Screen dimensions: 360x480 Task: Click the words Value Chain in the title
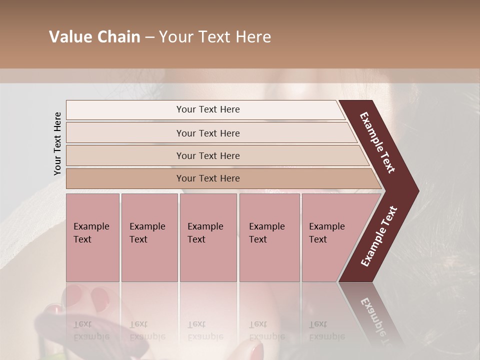pyautogui.click(x=94, y=37)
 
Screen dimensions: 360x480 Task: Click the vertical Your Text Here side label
pyautogui.click(x=57, y=143)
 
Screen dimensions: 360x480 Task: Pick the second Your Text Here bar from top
pyautogui.click(x=208, y=133)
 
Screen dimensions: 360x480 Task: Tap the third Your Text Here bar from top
pyautogui.click(x=208, y=156)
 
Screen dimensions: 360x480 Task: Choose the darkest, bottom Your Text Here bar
pyautogui.click(x=208, y=178)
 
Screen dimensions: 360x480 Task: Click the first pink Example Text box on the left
pyautogui.click(x=92, y=237)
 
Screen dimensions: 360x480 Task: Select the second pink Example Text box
pyautogui.click(x=149, y=237)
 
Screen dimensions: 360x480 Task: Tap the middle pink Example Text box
pyautogui.click(x=208, y=237)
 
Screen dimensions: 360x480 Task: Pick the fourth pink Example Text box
pyautogui.click(x=269, y=237)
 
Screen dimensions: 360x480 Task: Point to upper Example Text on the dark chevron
pyautogui.click(x=377, y=143)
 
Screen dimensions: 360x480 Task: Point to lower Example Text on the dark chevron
pyautogui.click(x=379, y=236)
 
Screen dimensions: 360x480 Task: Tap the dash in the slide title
pyautogui.click(x=149, y=37)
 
